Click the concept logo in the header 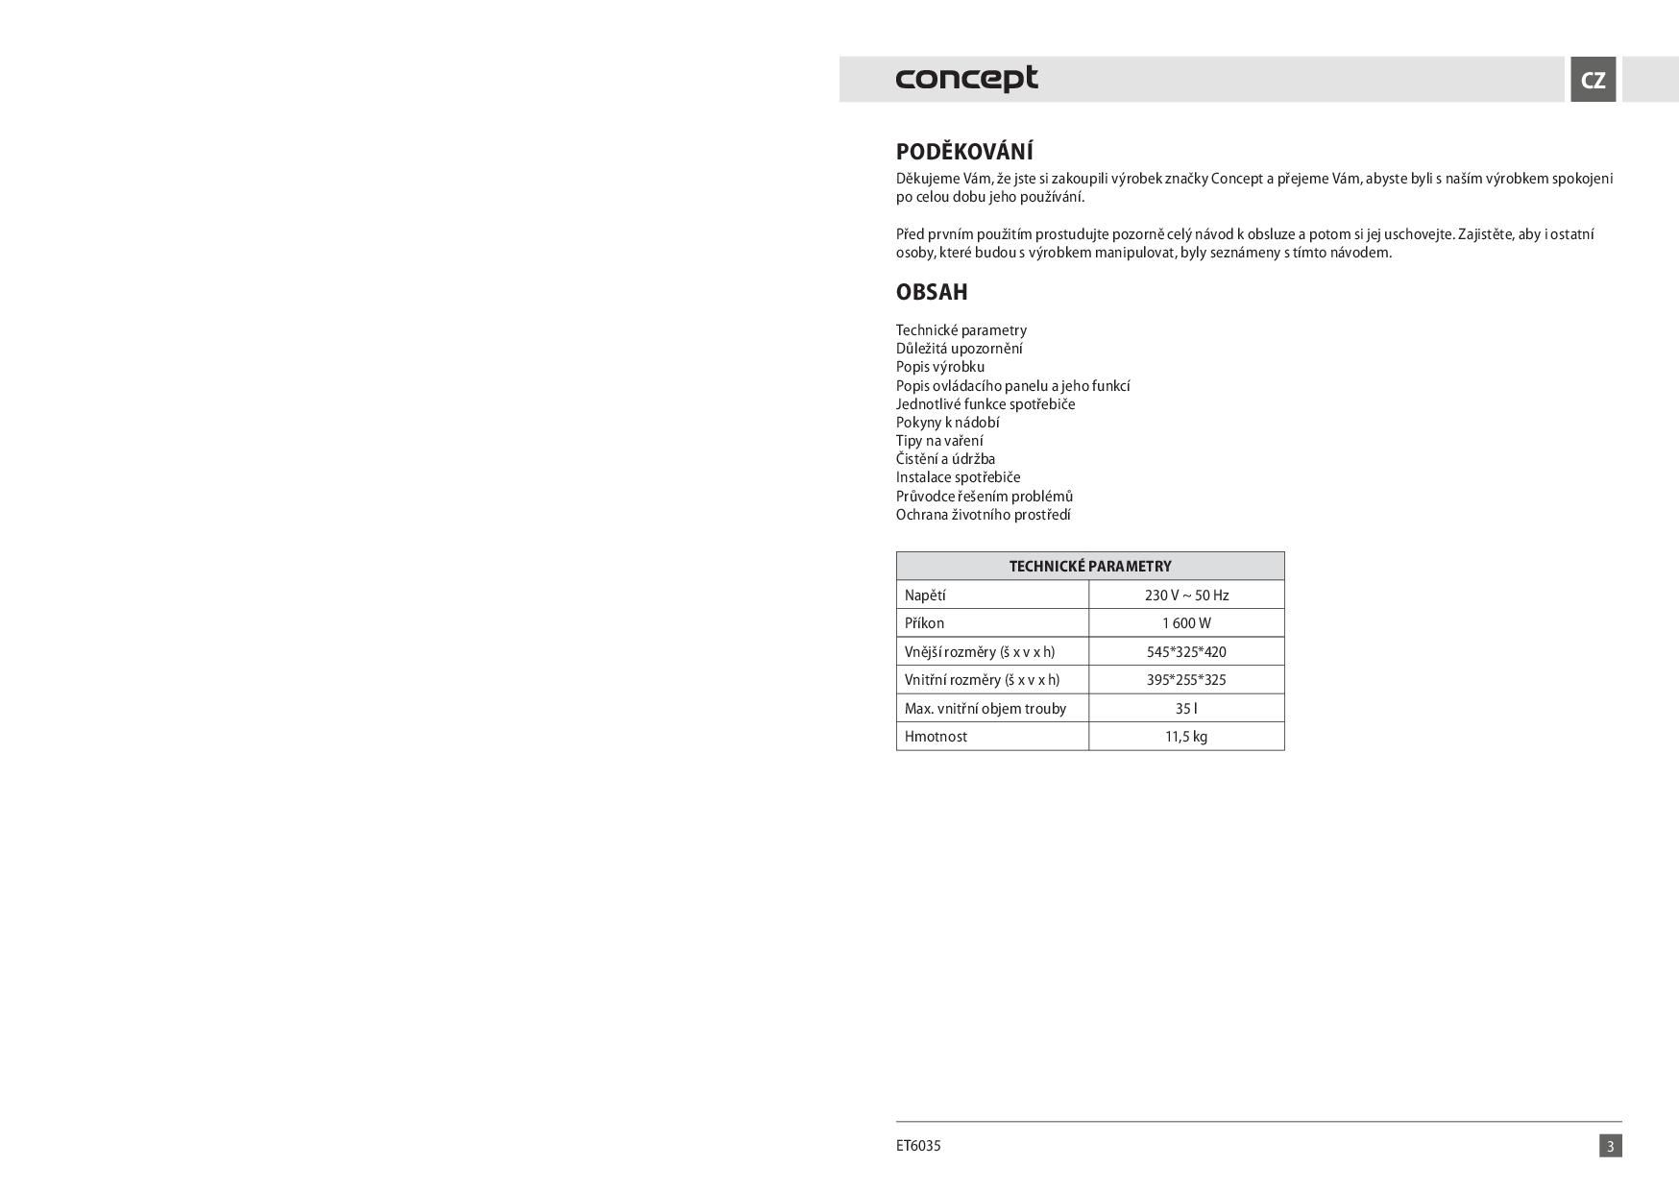click(966, 79)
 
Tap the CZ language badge click(1593, 80)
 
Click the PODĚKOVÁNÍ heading click(964, 152)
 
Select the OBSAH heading click(932, 292)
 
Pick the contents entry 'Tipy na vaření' click(939, 441)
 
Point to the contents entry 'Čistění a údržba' click(945, 459)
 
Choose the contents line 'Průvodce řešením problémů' click(985, 497)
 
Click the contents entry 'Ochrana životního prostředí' click(983, 515)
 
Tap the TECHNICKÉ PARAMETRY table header click(1090, 567)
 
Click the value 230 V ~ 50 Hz click(1186, 595)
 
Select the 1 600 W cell click(1186, 623)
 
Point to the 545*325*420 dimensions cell click(1186, 652)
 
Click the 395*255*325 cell click(1186, 680)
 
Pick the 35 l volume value click(1186, 709)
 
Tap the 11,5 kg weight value click(1186, 737)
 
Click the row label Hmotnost click(936, 737)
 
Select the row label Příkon click(924, 623)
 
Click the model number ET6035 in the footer click(918, 1146)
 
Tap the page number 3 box click(1610, 1146)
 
